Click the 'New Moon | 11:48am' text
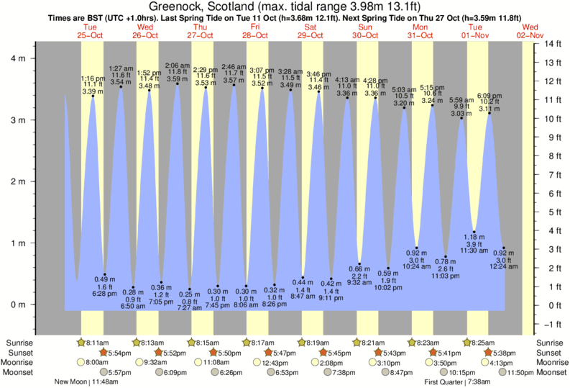(86, 382)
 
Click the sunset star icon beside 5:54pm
(103, 353)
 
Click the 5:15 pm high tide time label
(431, 87)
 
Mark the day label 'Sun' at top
(365, 27)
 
